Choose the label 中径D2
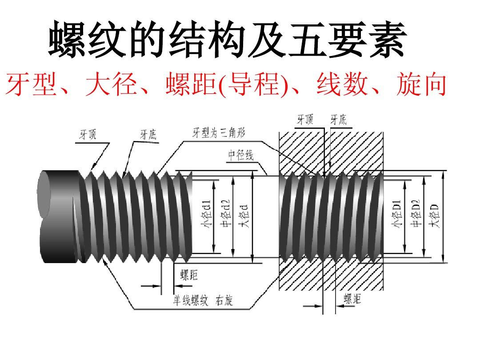pyautogui.click(x=416, y=214)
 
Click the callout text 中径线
pyautogui.click(x=240, y=156)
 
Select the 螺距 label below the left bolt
pyautogui.click(x=189, y=276)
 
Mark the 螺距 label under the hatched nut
pyautogui.click(x=352, y=299)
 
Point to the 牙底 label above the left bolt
pyautogui.click(x=148, y=135)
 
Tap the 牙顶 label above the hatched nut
pyautogui.click(x=305, y=120)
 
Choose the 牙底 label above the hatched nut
pyautogui.click(x=338, y=120)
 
